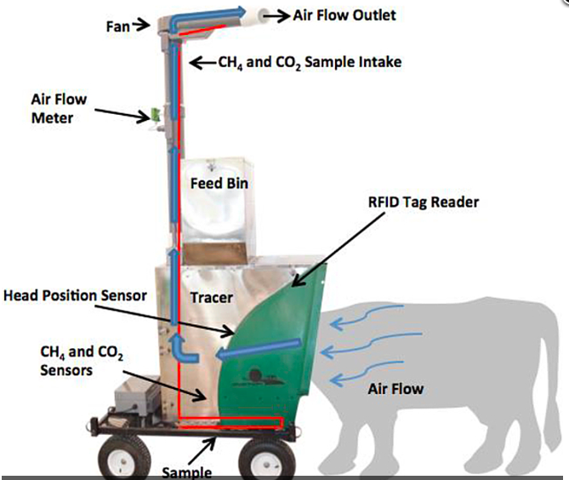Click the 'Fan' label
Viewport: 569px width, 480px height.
(117, 26)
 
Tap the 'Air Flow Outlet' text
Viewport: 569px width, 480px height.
(344, 15)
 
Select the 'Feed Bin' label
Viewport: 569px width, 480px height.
(219, 183)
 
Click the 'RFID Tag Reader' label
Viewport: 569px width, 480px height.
(424, 203)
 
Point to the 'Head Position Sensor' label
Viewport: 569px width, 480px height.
(75, 295)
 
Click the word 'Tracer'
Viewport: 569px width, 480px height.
(212, 298)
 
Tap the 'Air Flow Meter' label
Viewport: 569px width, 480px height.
(59, 109)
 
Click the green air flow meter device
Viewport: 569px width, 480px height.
(156, 114)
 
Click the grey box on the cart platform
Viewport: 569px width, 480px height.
(136, 397)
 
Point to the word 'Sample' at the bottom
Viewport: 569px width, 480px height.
(186, 472)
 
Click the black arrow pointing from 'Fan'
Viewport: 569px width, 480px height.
(141, 25)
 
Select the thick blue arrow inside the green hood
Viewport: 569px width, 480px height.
(259, 349)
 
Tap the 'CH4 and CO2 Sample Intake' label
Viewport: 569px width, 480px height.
(310, 62)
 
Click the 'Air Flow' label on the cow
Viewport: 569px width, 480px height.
(395, 389)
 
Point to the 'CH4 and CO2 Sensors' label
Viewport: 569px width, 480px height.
(82, 361)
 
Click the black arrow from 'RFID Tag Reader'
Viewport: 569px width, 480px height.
(338, 250)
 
